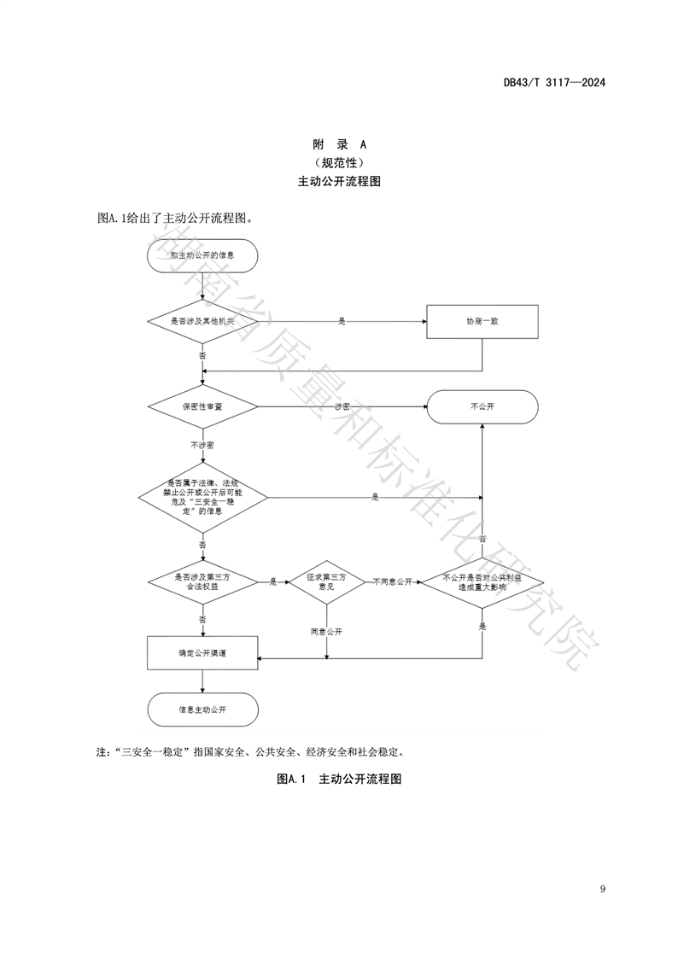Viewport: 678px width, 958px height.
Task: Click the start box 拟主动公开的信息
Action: (202, 255)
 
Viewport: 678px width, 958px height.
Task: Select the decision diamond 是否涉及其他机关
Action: (202, 321)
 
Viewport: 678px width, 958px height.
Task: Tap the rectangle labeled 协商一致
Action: (482, 321)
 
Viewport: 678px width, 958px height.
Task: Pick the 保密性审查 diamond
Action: (202, 406)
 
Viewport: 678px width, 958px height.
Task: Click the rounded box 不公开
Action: (482, 406)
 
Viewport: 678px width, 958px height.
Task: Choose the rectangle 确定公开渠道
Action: (202, 652)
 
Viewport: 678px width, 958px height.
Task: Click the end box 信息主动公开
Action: (202, 709)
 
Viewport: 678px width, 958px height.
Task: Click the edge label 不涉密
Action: (202, 445)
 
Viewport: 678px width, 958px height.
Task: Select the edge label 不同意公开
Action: (392, 581)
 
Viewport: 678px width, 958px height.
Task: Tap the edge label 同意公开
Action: (326, 632)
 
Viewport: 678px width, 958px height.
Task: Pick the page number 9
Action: (603, 890)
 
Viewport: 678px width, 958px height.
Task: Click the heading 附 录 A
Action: (339, 144)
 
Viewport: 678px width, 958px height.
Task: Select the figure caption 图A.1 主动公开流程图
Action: (339, 779)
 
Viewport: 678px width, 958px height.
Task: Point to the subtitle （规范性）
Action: (339, 162)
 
